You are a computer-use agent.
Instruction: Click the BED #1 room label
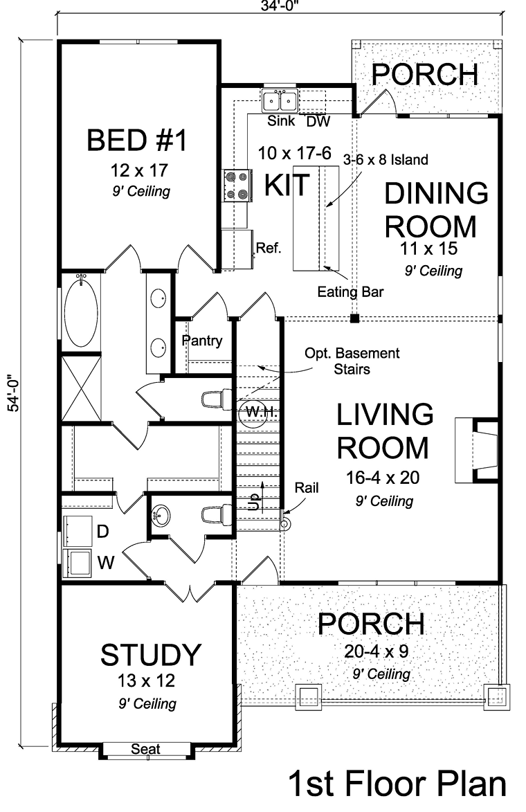click(x=136, y=141)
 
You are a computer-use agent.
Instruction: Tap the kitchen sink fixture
click(x=280, y=100)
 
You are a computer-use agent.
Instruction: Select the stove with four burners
click(x=237, y=186)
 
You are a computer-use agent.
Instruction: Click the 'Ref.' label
click(x=269, y=248)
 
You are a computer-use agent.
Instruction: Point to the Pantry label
click(x=202, y=341)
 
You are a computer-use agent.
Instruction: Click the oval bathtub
click(x=81, y=312)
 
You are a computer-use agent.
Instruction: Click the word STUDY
click(x=151, y=655)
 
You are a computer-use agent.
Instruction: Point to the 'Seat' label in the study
click(x=145, y=749)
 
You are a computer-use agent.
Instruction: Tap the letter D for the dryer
click(x=103, y=532)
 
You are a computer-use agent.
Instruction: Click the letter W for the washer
click(x=106, y=562)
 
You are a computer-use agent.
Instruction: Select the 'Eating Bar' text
click(x=350, y=292)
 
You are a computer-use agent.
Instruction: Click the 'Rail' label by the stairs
click(x=307, y=488)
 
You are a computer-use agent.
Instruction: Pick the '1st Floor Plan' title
click(x=397, y=784)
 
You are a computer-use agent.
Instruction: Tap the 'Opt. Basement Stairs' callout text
click(x=352, y=361)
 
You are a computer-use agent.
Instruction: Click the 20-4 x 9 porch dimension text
click(x=377, y=651)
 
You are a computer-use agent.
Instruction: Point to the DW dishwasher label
click(x=318, y=122)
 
